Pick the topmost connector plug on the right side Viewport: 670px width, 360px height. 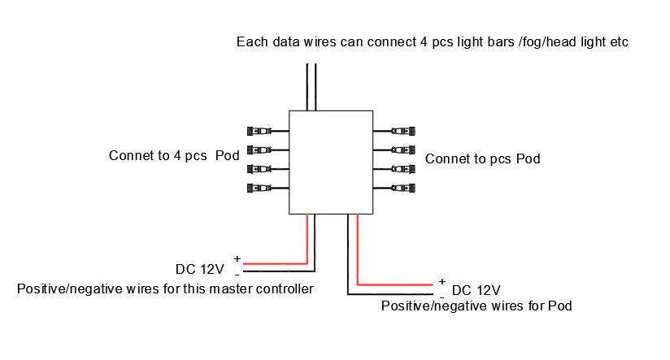pyautogui.click(x=403, y=131)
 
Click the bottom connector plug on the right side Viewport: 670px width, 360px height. pyautogui.click(x=403, y=188)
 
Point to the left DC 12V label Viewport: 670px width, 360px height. pyautogui.click(x=199, y=269)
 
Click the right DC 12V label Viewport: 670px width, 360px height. pyautogui.click(x=476, y=290)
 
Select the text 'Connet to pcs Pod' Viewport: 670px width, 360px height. pyautogui.click(x=482, y=158)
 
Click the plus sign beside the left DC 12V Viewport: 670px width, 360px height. pyautogui.click(x=237, y=258)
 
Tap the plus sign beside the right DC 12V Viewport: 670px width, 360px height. pyautogui.click(x=442, y=281)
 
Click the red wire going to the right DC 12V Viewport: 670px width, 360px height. pyautogui.click(x=394, y=284)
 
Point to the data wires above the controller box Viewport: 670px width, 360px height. pyautogui.click(x=311, y=81)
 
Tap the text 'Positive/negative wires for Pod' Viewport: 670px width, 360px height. pyautogui.click(x=476, y=306)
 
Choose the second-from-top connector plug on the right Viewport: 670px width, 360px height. pyautogui.click(x=403, y=150)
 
